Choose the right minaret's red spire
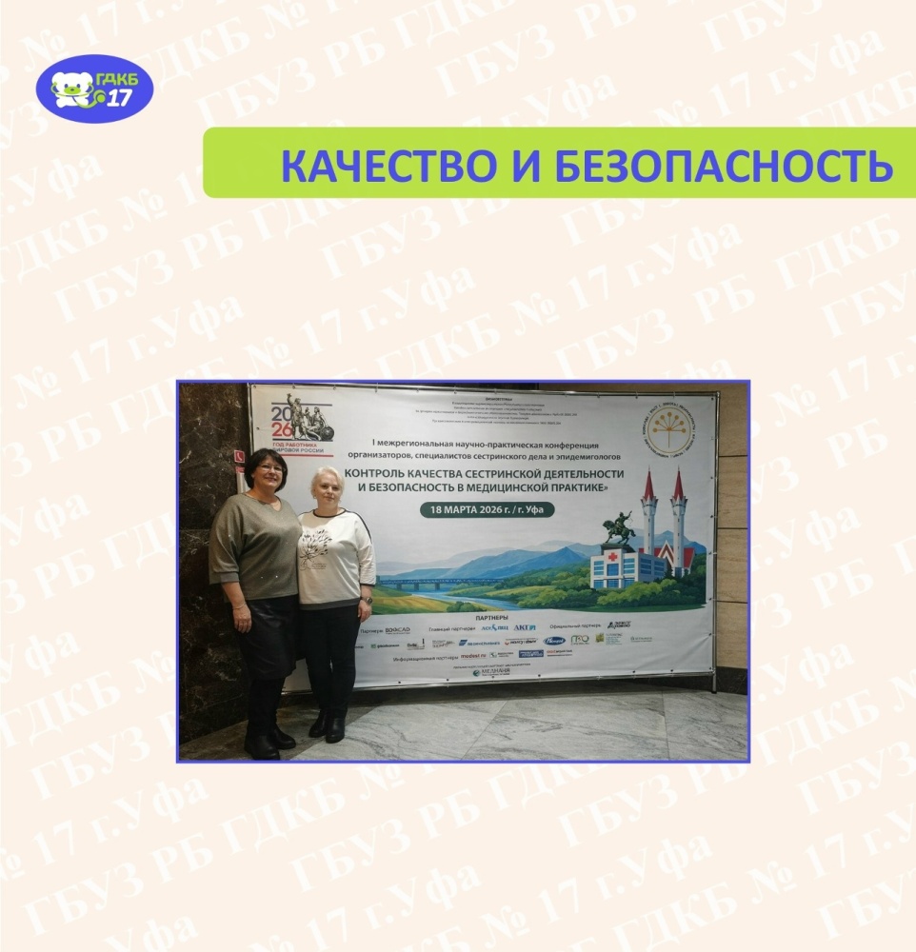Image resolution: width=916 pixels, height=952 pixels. click(x=678, y=486)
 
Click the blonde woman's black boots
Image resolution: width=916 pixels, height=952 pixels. click(x=327, y=726)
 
